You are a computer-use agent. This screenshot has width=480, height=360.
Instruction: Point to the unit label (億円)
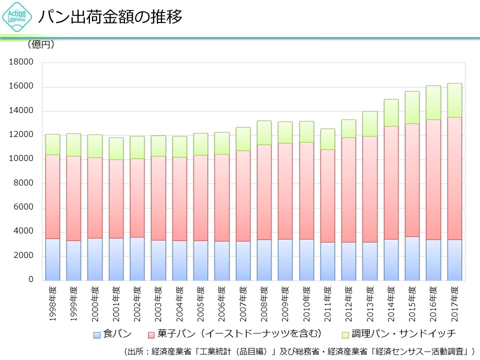click(x=40, y=44)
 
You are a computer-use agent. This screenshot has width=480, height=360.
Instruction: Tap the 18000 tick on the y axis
click(x=23, y=62)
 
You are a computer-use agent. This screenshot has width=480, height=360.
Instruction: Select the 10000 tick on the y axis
click(x=23, y=159)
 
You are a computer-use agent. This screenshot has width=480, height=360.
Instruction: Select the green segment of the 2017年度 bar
click(x=454, y=100)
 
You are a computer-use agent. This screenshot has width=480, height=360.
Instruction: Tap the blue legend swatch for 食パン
click(x=97, y=334)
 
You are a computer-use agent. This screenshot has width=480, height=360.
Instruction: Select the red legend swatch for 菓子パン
click(x=152, y=334)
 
